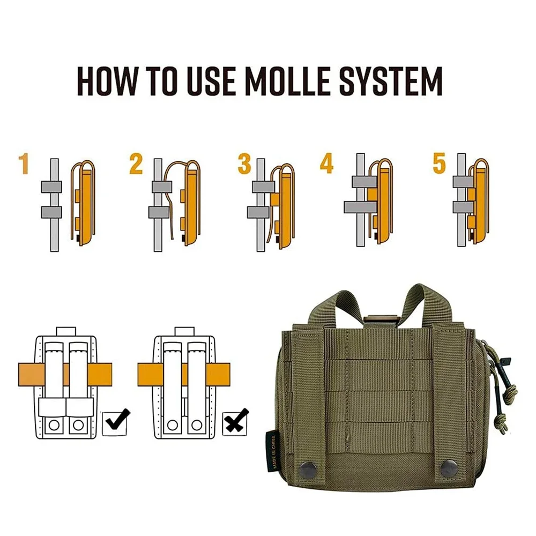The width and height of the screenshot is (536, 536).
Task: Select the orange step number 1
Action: click(x=23, y=165)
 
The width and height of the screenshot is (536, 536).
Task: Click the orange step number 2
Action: click(x=136, y=165)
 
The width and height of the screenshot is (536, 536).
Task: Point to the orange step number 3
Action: click(x=244, y=165)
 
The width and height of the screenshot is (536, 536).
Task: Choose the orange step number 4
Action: click(x=326, y=164)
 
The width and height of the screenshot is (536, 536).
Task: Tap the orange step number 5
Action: click(x=440, y=164)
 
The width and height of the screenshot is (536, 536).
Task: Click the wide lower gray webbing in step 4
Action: click(x=360, y=207)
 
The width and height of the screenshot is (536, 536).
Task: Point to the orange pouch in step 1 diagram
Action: click(x=82, y=204)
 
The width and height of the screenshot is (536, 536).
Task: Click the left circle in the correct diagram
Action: click(x=54, y=425)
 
